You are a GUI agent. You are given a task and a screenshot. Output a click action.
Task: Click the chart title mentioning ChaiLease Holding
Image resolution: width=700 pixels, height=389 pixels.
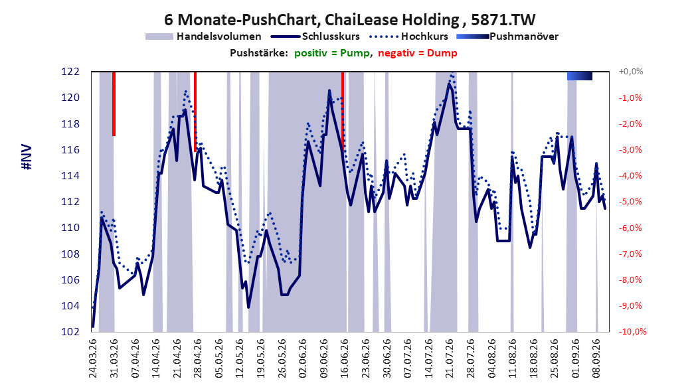[349, 20]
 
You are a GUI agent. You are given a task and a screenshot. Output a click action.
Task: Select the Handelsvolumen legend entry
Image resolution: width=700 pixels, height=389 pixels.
[204, 37]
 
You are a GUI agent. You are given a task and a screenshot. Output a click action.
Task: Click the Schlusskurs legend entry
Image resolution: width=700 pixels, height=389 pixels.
[315, 37]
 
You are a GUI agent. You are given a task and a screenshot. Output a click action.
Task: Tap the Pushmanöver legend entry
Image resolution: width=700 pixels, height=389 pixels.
[507, 37]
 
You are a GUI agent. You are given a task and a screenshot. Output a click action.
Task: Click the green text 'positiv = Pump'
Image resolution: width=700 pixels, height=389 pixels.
[331, 53]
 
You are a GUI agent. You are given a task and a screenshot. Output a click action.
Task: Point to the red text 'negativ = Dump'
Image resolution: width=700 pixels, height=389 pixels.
[418, 53]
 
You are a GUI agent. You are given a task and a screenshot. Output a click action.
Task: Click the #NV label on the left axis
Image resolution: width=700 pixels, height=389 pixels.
[27, 157]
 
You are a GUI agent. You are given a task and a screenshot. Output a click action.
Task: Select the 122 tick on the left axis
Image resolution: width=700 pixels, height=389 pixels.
[70, 72]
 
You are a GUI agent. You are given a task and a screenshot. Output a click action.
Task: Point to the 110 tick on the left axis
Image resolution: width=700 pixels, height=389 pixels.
[70, 228]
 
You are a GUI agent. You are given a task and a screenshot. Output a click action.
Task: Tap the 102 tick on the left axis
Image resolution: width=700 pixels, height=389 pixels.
[70, 332]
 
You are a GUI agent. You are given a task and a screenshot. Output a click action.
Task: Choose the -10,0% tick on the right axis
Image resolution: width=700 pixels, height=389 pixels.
[632, 332]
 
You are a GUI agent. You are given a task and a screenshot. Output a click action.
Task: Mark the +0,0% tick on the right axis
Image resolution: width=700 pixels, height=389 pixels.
[631, 72]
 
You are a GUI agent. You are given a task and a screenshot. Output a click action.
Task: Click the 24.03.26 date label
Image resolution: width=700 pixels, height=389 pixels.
[93, 358]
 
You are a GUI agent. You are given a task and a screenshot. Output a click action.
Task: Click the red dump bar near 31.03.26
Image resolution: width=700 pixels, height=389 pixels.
[114, 104]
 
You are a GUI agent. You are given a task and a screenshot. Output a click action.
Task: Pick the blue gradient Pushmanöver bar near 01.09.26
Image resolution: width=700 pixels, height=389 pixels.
[580, 76]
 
